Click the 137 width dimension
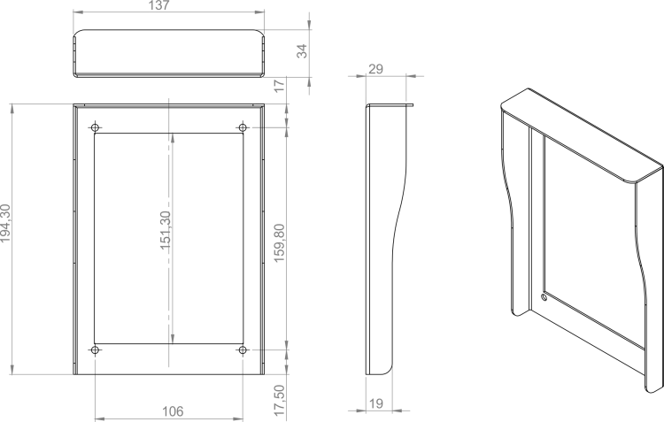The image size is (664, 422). (158, 5)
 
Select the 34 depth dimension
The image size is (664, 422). (302, 50)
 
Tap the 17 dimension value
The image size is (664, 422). (280, 86)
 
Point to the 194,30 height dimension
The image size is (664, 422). (5, 223)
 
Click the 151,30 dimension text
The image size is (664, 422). (166, 230)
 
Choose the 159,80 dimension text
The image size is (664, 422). (280, 242)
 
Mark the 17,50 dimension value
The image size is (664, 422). (280, 400)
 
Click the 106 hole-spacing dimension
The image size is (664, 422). (173, 411)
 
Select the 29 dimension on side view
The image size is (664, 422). (375, 69)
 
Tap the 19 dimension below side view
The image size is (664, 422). (376, 403)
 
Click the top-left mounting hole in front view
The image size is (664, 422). (95, 127)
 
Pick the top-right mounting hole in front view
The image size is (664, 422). (243, 127)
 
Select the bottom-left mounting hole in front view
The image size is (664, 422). (95, 350)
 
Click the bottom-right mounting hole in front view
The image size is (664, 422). (243, 350)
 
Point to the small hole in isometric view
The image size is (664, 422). (544, 296)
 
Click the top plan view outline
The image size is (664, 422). (169, 30)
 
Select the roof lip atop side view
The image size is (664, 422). (390, 105)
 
